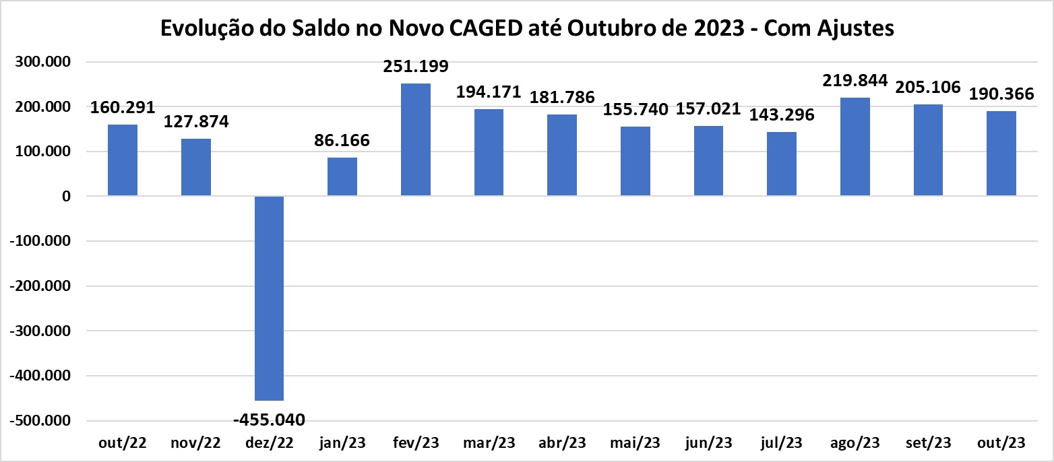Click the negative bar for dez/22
[269, 298]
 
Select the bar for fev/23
[416, 139]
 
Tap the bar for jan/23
[342, 176]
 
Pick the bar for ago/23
[855, 147]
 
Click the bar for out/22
[123, 160]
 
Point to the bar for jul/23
[782, 164]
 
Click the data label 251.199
[416, 67]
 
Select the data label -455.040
[269, 420]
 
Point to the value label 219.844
[855, 80]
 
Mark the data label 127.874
[196, 122]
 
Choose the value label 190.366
[1001, 94]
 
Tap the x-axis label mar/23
[489, 442]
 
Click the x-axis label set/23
[928, 442]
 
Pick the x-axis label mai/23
[635, 442]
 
